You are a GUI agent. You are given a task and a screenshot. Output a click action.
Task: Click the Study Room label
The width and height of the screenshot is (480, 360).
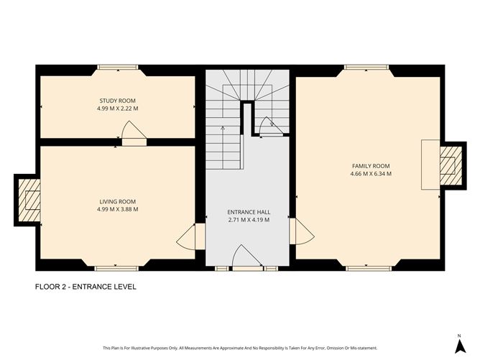(117, 101)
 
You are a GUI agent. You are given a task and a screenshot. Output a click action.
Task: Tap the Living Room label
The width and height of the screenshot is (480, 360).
(117, 201)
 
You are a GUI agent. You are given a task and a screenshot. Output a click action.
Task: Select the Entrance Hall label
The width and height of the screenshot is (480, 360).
(248, 212)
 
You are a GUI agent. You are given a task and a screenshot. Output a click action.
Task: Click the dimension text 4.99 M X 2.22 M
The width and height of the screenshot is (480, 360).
(117, 109)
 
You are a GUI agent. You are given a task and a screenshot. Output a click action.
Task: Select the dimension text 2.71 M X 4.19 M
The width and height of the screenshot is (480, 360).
(248, 220)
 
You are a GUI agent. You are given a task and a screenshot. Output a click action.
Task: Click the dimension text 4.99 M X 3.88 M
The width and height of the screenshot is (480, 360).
(117, 210)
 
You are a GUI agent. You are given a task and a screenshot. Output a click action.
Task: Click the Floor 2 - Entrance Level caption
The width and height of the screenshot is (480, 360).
(86, 287)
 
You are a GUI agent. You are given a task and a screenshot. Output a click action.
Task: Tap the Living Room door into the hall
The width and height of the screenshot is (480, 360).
(187, 235)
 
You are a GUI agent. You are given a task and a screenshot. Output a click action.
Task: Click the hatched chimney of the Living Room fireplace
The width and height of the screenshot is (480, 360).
(31, 199)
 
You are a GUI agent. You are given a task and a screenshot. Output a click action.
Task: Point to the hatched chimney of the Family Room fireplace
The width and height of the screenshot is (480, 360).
(450, 165)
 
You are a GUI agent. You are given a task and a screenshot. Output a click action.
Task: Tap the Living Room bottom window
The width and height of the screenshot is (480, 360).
(117, 268)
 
